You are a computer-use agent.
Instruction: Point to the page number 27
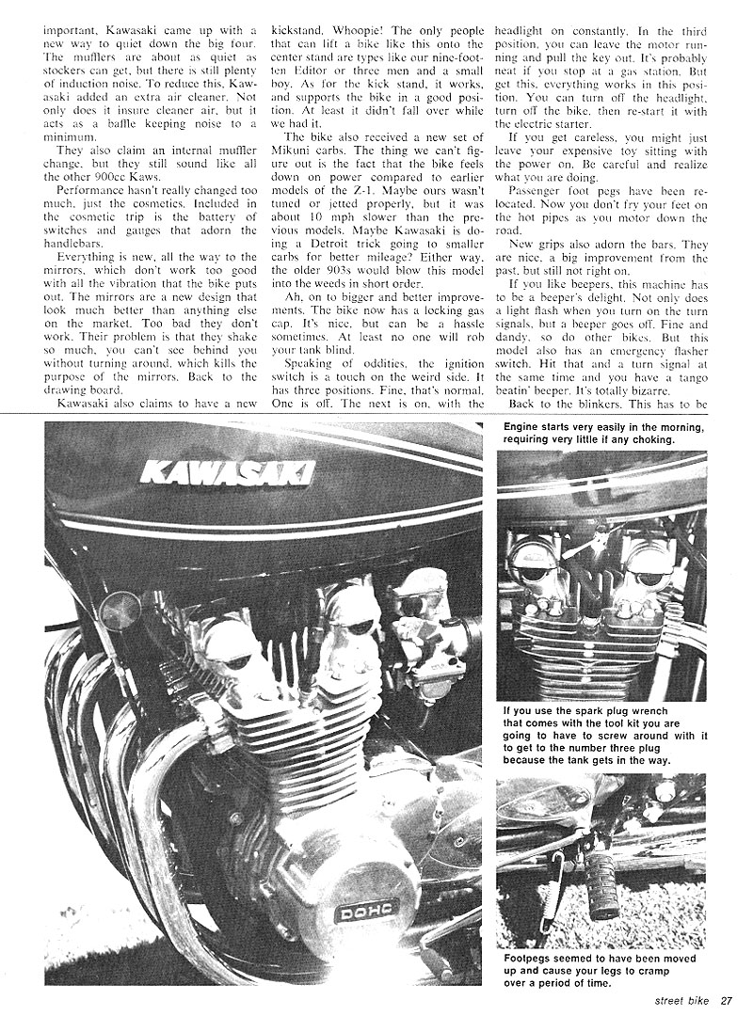pos(727,1000)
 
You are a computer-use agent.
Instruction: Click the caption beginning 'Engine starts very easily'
pos(602,432)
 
